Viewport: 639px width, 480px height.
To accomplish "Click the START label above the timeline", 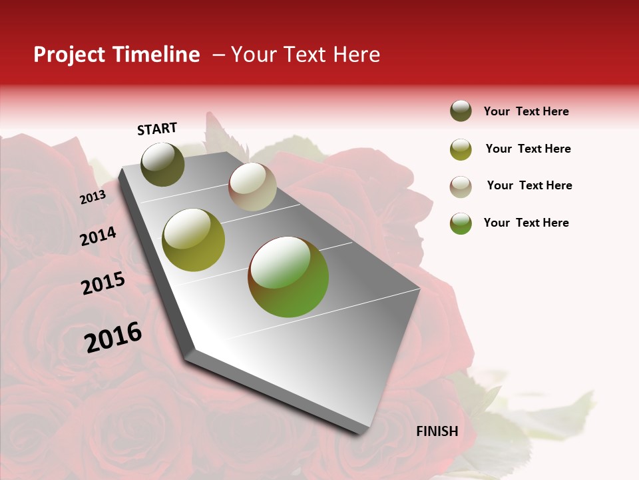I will [x=157, y=129].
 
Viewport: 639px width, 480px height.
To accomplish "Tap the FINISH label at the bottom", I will [x=437, y=431].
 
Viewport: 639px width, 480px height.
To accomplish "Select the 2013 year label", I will [x=93, y=197].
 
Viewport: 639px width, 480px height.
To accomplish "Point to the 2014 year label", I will [x=98, y=237].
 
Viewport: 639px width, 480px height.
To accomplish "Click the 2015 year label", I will [x=103, y=283].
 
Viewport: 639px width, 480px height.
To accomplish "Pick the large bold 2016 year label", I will [x=113, y=337].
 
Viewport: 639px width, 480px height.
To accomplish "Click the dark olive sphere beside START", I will [x=162, y=164].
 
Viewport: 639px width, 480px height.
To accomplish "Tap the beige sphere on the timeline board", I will [x=252, y=187].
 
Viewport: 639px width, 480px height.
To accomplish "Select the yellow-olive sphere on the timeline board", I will [x=194, y=240].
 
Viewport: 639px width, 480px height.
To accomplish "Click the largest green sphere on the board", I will [x=288, y=277].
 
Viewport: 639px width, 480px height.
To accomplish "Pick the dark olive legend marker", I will [x=461, y=111].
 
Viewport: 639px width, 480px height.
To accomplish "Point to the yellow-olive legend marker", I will [x=461, y=149].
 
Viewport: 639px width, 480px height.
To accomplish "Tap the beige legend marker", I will [x=461, y=187].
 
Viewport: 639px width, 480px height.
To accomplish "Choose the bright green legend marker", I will [x=461, y=223].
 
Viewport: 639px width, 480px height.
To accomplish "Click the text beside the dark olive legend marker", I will [x=526, y=111].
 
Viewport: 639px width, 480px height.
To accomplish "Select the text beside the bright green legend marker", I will [x=526, y=223].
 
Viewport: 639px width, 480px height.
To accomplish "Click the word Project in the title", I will [x=69, y=55].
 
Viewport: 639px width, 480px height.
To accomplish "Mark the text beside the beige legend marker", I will [x=529, y=185].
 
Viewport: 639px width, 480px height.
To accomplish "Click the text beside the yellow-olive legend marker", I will [x=528, y=149].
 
